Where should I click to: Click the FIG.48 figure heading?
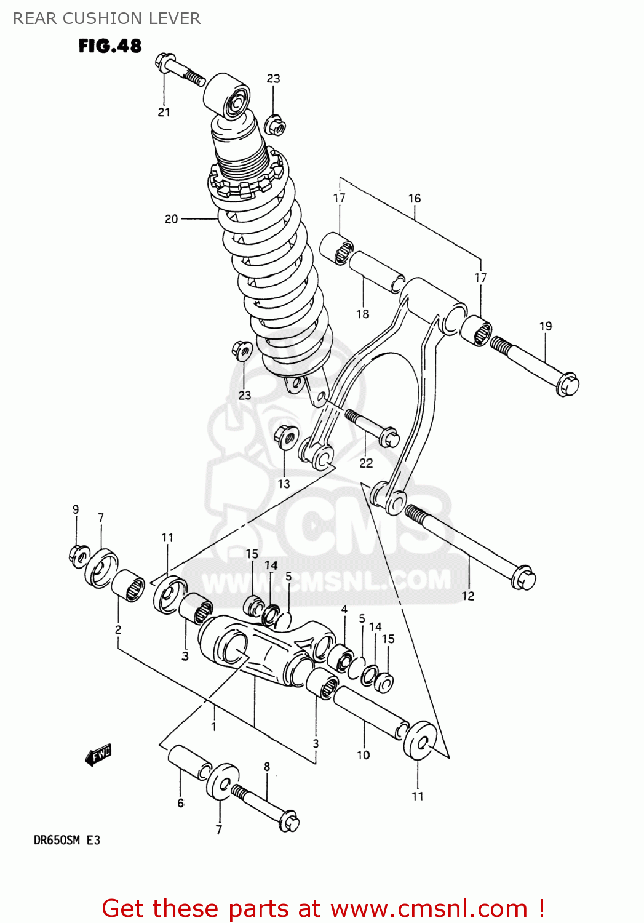click(x=110, y=46)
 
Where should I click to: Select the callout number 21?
click(x=164, y=112)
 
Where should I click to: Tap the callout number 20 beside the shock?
click(x=171, y=218)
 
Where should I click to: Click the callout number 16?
click(x=415, y=198)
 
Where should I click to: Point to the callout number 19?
click(x=546, y=326)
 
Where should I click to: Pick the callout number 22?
click(x=366, y=463)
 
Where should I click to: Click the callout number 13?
click(x=284, y=484)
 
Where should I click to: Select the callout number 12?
click(x=468, y=596)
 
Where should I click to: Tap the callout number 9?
click(x=76, y=509)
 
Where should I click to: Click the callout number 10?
click(x=364, y=755)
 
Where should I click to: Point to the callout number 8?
click(x=267, y=767)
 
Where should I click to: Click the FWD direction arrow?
click(x=98, y=755)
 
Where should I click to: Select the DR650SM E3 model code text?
click(x=66, y=840)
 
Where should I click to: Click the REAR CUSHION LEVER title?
click(x=107, y=18)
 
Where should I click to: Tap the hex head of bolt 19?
click(x=567, y=384)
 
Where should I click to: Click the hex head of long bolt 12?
click(x=523, y=578)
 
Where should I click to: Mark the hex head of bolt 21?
click(x=165, y=61)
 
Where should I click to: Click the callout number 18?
click(x=363, y=314)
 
